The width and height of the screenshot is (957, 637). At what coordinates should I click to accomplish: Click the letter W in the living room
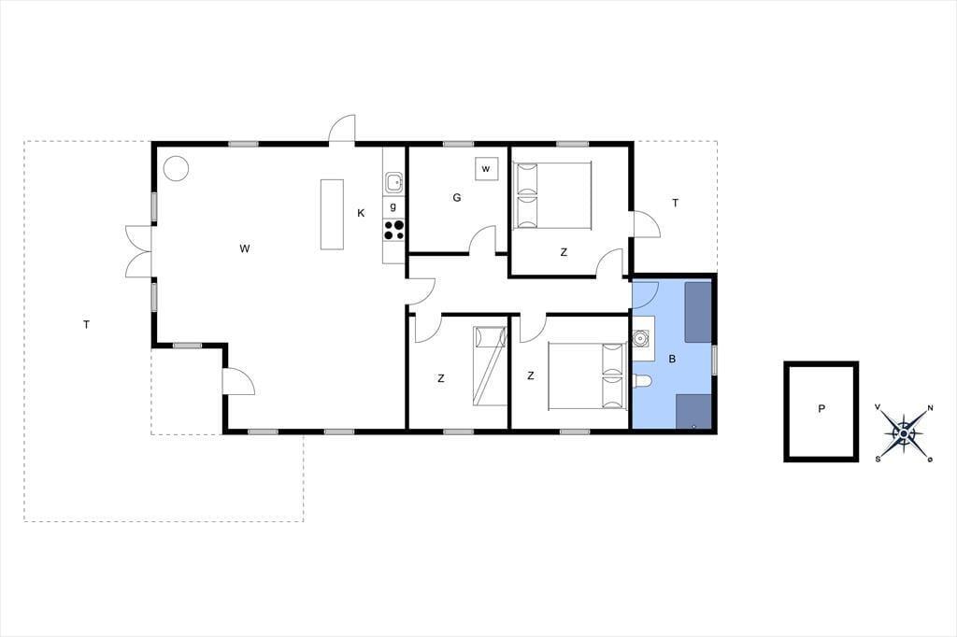[245, 248]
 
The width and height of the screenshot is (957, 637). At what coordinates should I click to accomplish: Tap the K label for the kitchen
[361, 213]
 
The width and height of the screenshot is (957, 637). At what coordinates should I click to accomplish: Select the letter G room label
[456, 198]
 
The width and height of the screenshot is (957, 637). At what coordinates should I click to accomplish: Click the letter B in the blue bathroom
[672, 359]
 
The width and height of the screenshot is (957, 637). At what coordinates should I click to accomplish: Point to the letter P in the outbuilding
[821, 409]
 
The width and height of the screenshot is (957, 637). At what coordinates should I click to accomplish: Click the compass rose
[904, 433]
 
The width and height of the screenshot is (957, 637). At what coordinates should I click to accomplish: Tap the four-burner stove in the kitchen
[393, 230]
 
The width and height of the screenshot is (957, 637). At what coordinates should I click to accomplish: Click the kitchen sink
[394, 182]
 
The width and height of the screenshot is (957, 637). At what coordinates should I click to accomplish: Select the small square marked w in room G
[486, 168]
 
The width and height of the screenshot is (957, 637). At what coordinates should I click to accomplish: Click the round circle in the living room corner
[176, 168]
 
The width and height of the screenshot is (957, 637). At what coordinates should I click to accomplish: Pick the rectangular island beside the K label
[332, 214]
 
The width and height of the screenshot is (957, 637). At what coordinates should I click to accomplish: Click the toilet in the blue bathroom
[643, 381]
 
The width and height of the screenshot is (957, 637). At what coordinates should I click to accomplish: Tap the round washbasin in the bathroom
[641, 337]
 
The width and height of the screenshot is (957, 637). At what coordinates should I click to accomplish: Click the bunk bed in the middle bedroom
[490, 366]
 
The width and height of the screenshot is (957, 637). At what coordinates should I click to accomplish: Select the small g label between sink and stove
[393, 206]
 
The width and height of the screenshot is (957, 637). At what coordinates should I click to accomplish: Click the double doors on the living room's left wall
[138, 251]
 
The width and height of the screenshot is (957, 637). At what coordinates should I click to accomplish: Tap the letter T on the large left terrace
[87, 325]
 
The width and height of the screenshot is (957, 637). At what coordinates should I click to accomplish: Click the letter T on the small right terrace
[675, 204]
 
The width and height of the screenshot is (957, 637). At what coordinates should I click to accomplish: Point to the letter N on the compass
[930, 408]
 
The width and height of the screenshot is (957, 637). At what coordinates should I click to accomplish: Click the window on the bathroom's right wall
[715, 360]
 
